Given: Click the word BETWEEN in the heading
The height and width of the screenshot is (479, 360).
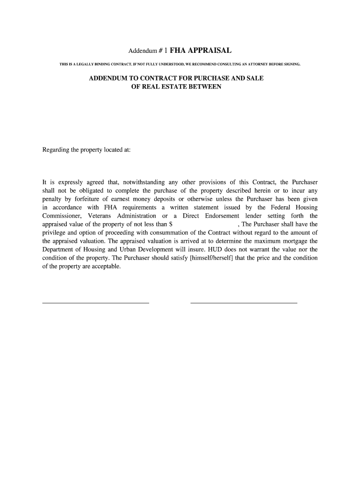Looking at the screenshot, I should [206, 87].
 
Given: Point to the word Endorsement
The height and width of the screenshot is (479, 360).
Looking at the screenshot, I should [222, 216].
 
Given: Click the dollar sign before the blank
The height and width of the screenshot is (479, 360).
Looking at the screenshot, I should [171, 224].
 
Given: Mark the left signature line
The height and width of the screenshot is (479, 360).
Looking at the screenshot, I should [96, 303].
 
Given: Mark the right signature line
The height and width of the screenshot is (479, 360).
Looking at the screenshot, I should [244, 303].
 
